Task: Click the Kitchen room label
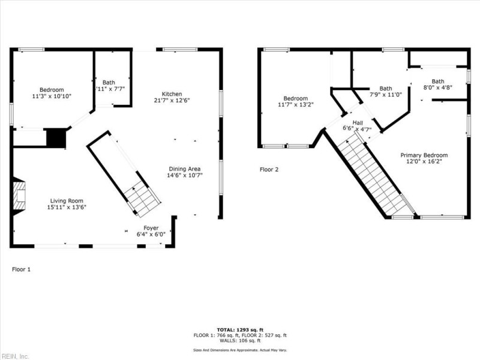[172, 94]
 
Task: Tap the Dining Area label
[184, 169]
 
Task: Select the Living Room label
[67, 201]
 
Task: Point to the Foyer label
[151, 229]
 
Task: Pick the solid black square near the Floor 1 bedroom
[56, 138]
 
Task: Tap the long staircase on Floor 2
[373, 174]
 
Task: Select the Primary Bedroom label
[424, 155]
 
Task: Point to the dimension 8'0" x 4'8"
[438, 88]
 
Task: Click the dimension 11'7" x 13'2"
[295, 105]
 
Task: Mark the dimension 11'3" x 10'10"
[52, 96]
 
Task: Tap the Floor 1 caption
[21, 269]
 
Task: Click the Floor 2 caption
[269, 170]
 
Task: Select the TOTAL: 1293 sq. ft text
[239, 330]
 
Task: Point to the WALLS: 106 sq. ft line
[239, 341]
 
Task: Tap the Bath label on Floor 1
[109, 83]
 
